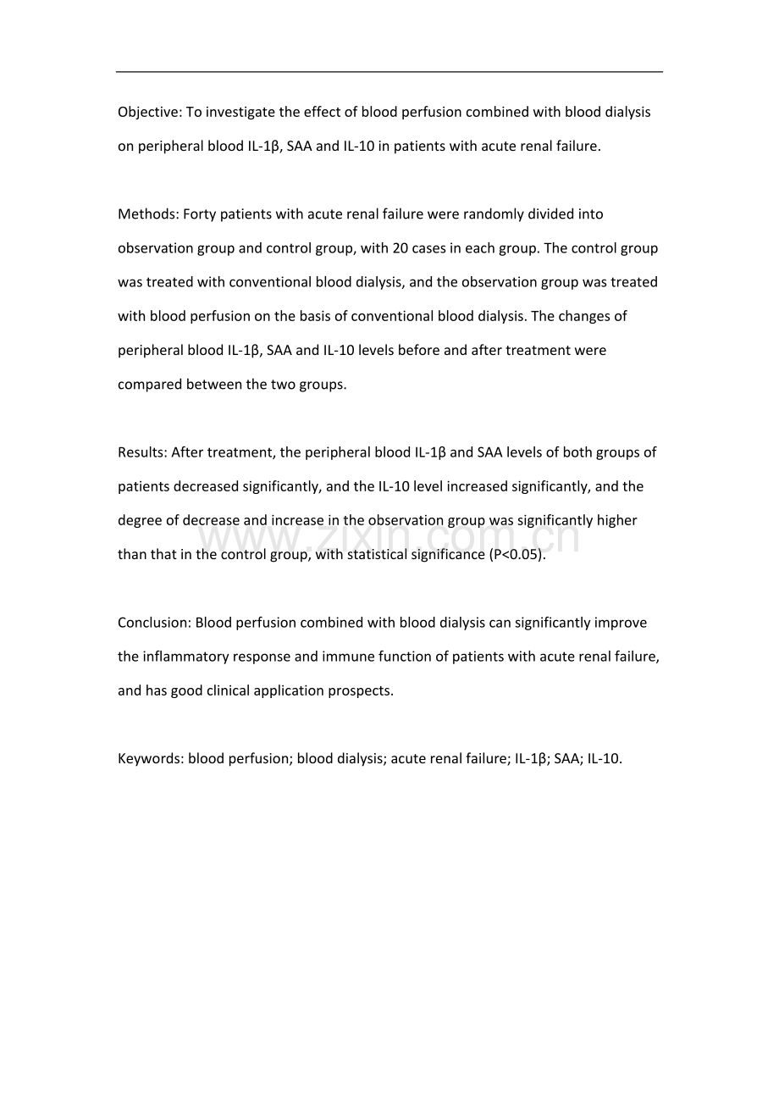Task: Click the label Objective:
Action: click(x=148, y=113)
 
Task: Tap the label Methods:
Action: click(x=147, y=214)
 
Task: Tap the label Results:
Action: click(x=142, y=452)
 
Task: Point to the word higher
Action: click(x=616, y=520)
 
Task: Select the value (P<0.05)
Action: click(x=517, y=555)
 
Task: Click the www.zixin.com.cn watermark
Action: click(x=389, y=538)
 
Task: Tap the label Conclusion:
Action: click(x=154, y=623)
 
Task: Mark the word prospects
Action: click(x=363, y=690)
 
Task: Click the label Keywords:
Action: click(x=151, y=759)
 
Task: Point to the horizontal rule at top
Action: click(x=389, y=71)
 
